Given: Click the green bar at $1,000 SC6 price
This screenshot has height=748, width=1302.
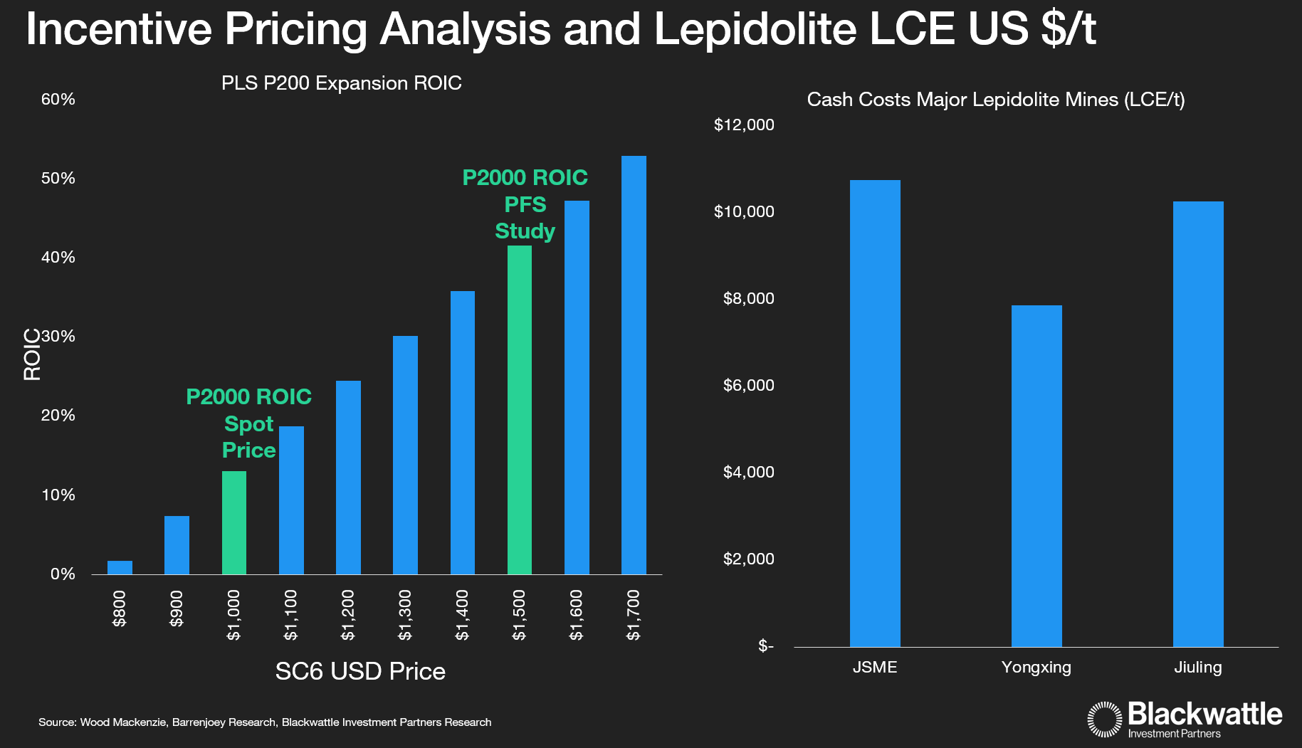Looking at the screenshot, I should tap(234, 522).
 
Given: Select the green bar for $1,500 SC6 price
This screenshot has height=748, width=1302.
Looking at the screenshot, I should tap(520, 410).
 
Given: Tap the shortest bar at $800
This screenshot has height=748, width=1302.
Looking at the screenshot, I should tap(120, 567).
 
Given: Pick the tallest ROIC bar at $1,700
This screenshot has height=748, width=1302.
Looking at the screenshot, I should tap(634, 365).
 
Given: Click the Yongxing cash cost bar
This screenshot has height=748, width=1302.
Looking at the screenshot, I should tap(1036, 476).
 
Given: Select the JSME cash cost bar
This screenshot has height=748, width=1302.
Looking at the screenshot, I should tap(875, 413).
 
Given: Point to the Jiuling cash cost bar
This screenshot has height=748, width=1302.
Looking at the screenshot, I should tap(1198, 424).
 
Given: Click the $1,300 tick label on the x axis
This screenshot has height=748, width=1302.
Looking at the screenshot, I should tap(405, 615).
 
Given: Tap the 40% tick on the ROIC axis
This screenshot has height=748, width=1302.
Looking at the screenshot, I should tap(58, 258).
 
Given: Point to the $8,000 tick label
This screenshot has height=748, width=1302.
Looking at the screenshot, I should tap(748, 299).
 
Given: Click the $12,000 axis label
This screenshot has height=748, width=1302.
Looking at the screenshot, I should tap(744, 125).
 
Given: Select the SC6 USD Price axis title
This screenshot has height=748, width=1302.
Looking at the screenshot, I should tap(360, 671).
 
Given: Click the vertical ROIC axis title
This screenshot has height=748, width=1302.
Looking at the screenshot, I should tap(32, 354).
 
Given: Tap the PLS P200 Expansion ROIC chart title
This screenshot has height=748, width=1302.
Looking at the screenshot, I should tap(342, 83).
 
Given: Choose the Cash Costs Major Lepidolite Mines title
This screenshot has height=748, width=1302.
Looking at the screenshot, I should tap(995, 100).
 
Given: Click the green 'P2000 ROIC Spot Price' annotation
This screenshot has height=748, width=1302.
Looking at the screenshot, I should tap(248, 423).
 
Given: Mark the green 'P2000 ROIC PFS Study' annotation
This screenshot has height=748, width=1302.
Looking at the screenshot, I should tap(525, 204).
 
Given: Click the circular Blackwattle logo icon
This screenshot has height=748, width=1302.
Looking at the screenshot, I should tap(1105, 719).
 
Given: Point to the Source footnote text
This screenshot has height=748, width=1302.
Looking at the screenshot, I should tap(265, 722).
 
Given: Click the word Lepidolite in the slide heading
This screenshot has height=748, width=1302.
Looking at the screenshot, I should tap(755, 29).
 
